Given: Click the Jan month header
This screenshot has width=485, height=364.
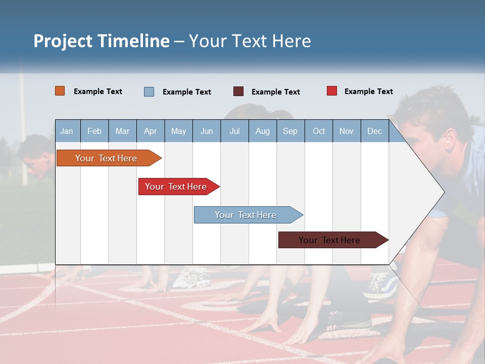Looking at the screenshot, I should (67, 131).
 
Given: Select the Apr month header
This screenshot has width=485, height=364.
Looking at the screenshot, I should (151, 131).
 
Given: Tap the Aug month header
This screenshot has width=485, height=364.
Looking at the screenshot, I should (263, 131).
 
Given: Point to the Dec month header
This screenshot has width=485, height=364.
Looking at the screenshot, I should (375, 131).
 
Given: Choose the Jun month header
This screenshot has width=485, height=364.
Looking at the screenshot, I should (207, 131).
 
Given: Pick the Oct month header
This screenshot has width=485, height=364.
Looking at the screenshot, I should (319, 131).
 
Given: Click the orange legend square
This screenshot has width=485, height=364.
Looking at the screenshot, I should (60, 91).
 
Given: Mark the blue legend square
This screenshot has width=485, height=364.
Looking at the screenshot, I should (149, 92).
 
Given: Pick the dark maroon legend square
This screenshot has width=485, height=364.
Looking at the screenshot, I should (238, 92).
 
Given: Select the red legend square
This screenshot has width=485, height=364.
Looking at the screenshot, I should (332, 91).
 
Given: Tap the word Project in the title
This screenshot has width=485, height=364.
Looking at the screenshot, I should (63, 41).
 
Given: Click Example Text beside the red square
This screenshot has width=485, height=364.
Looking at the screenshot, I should (369, 92).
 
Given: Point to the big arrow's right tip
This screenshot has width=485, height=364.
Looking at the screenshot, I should (444, 192).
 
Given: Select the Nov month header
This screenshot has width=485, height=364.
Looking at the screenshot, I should (347, 131).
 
